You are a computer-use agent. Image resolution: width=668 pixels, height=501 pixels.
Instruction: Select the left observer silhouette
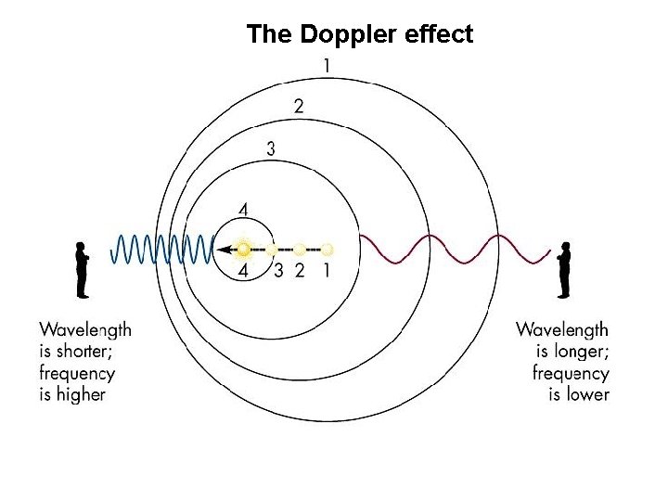pyautogui.click(x=82, y=270)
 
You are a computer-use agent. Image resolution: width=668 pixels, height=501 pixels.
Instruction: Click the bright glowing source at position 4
pyautogui.click(x=244, y=249)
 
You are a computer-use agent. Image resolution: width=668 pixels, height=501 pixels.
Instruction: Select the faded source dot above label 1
pyautogui.click(x=327, y=249)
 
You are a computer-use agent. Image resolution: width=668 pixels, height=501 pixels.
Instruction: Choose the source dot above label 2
pyautogui.click(x=300, y=249)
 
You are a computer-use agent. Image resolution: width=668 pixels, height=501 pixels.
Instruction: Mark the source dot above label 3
pyautogui.click(x=271, y=249)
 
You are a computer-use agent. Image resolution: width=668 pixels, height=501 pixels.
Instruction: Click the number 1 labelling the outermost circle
pyautogui.click(x=327, y=65)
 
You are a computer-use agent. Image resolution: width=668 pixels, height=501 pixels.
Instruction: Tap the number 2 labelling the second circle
pyautogui.click(x=298, y=106)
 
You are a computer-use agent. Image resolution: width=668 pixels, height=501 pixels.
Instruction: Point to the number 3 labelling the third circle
pyautogui.click(x=270, y=148)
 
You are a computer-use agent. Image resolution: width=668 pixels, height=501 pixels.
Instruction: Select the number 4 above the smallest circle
pyautogui.click(x=243, y=210)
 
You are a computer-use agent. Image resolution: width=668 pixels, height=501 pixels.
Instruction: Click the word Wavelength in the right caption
pyautogui.click(x=562, y=329)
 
